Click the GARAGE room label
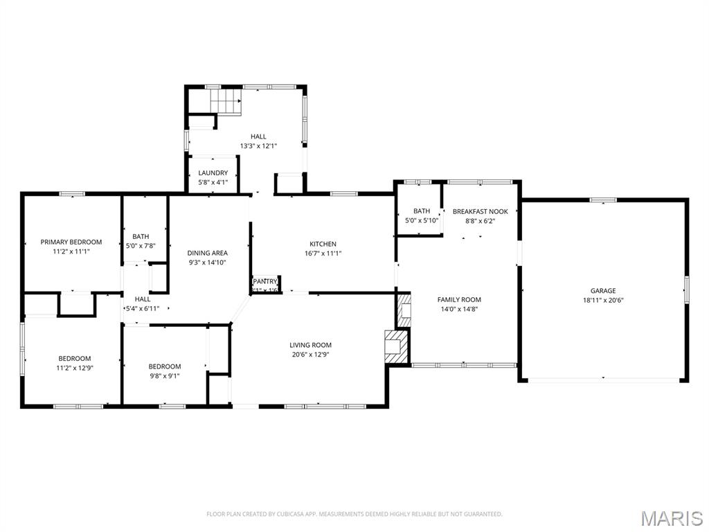pos(603,291)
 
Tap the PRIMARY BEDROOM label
pos(71,242)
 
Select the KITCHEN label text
pos(323,244)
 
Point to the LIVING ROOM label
pos(310,345)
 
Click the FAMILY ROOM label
pos(459,300)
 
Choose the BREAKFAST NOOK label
pos(480,211)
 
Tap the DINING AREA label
pos(207,253)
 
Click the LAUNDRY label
pos(213,173)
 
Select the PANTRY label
pos(264,281)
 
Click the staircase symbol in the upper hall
pos(226,103)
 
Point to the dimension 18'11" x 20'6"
pos(603,300)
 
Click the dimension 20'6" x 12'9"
pos(310,354)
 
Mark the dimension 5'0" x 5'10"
pos(422,220)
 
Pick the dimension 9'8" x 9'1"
pos(165,375)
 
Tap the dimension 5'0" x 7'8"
pos(141,245)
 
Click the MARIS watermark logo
pos(671,519)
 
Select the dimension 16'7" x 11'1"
pos(323,253)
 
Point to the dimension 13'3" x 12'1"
pos(258,146)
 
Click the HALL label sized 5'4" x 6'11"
pos(142,299)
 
